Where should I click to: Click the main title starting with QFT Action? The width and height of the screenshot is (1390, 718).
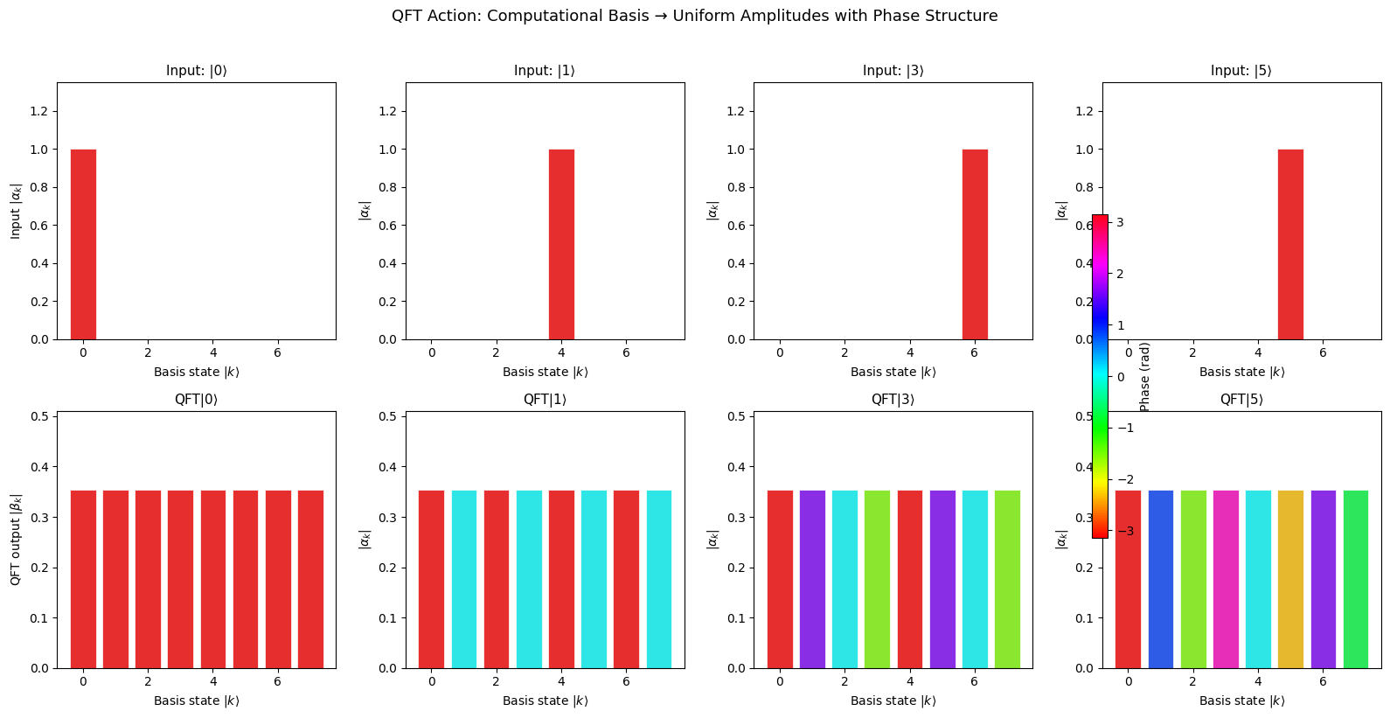coord(694,16)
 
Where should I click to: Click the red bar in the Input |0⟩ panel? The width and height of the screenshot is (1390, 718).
coord(83,244)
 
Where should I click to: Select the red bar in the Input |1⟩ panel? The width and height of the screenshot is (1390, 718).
coord(561,244)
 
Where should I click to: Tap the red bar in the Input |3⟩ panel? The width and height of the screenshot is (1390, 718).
coord(975,244)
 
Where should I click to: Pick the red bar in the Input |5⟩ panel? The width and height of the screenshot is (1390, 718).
coord(1290,244)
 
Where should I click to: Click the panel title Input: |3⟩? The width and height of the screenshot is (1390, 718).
coord(893,71)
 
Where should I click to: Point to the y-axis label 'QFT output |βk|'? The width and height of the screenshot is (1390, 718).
coord(16,540)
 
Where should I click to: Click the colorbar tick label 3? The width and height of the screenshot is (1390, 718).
coord(1120,223)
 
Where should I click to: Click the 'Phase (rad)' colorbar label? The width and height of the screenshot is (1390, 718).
coord(1145,377)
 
